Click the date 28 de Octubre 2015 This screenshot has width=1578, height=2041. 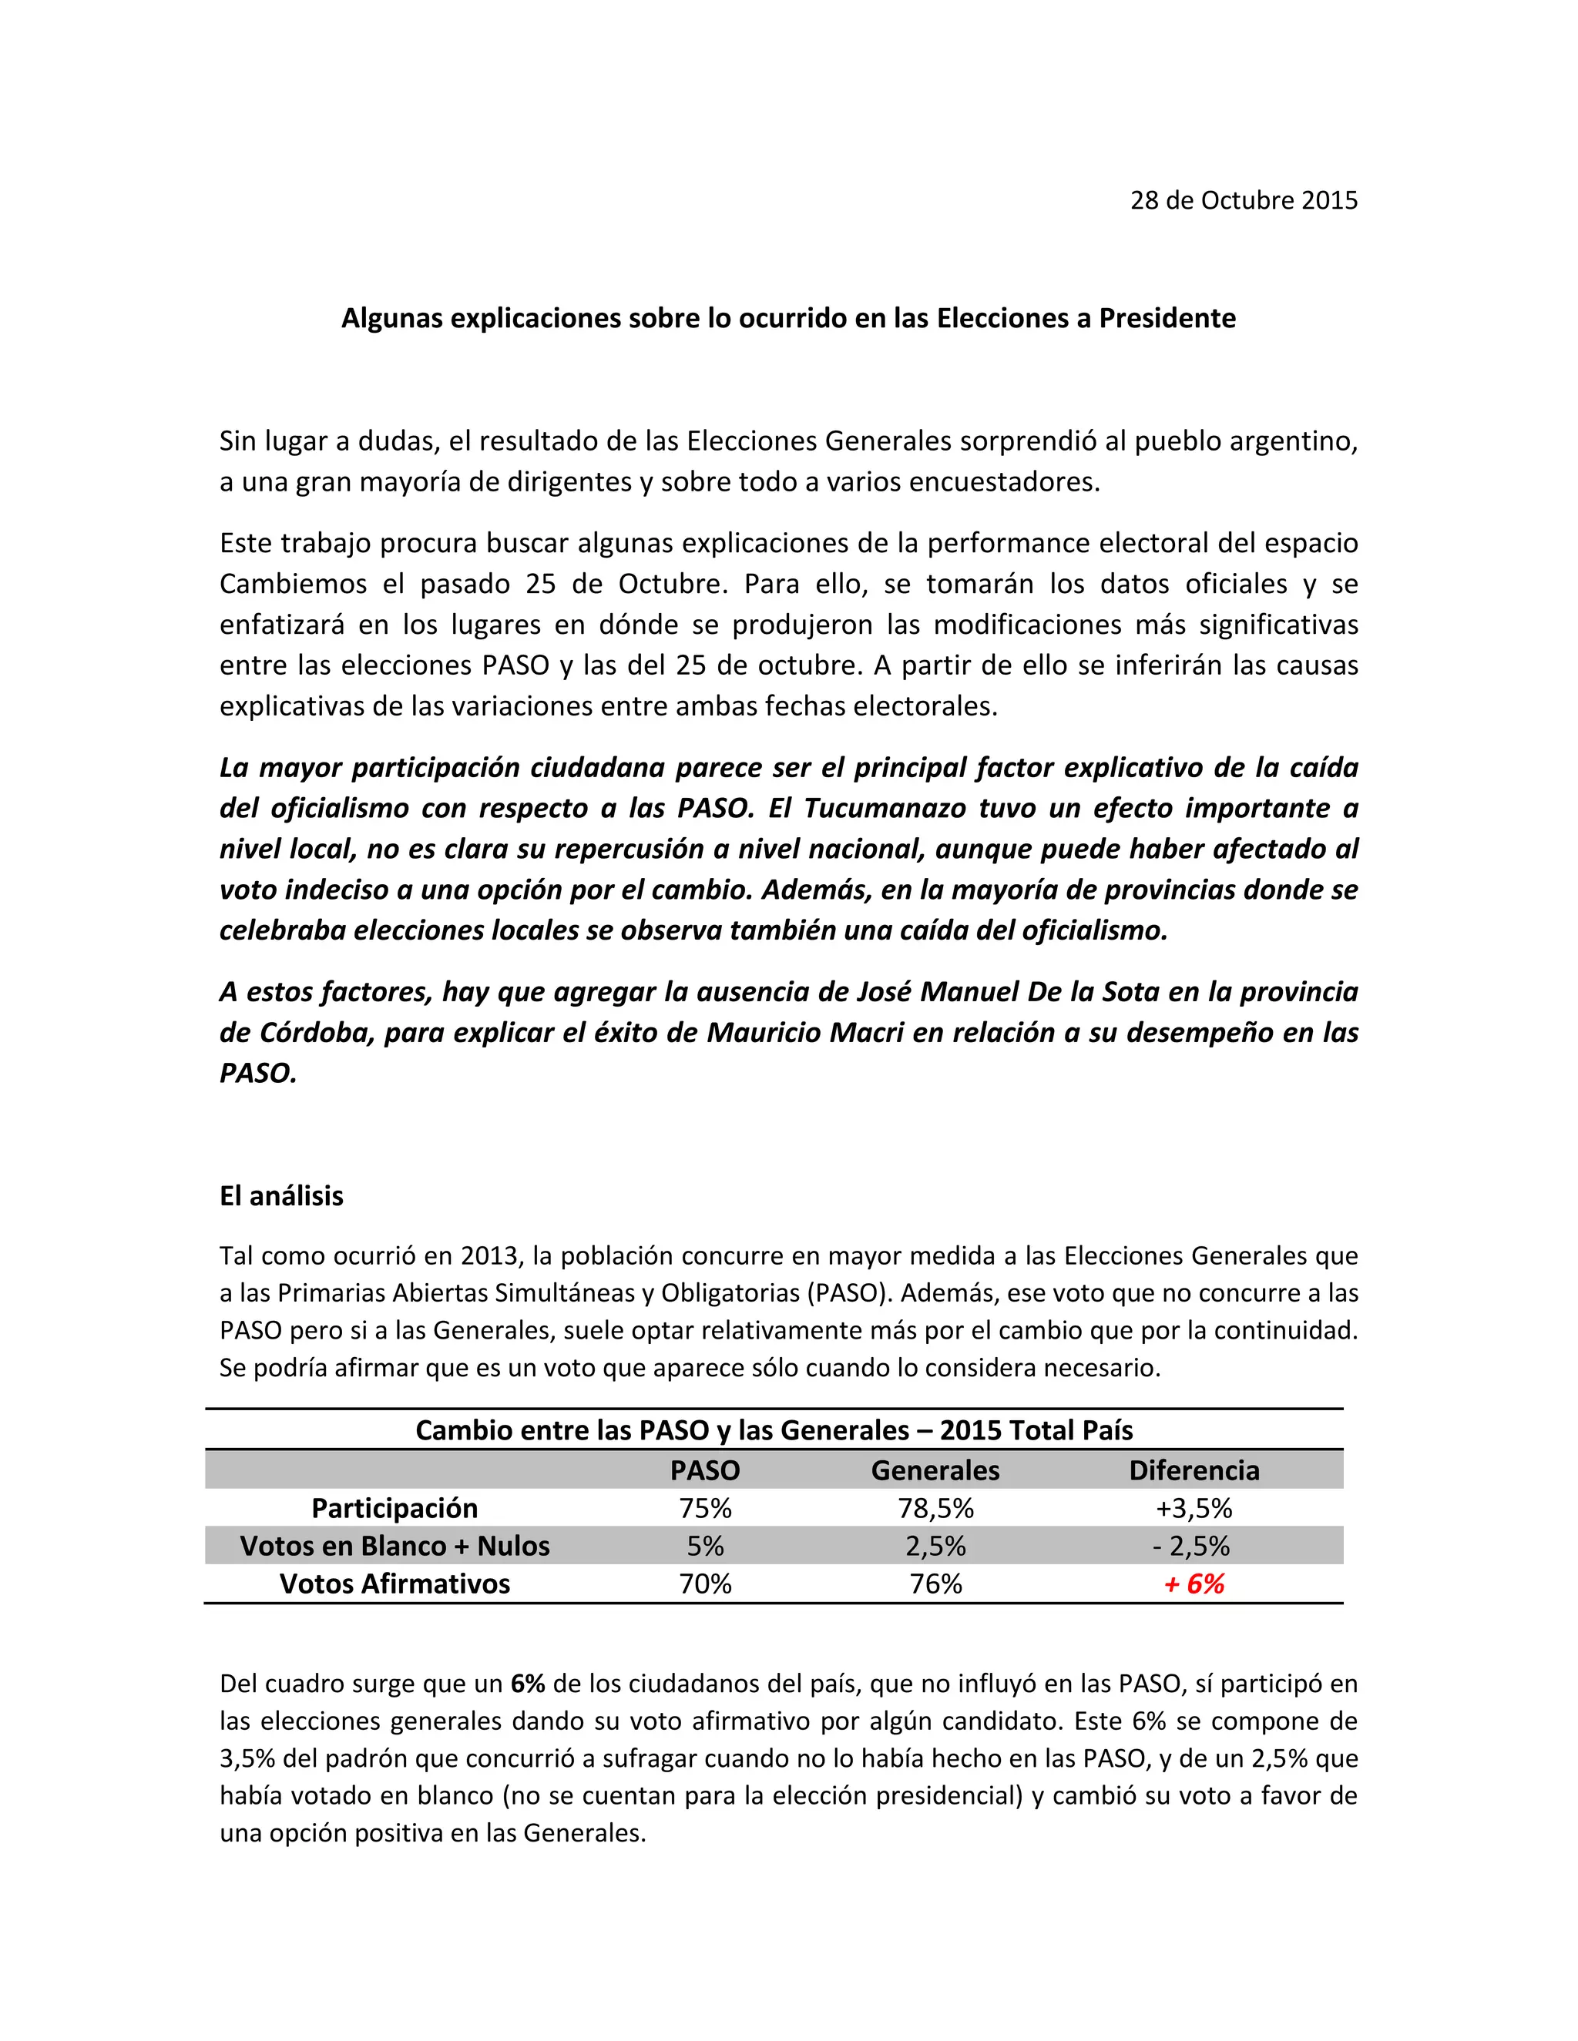pyautogui.click(x=1244, y=201)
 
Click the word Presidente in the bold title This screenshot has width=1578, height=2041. pyautogui.click(x=1167, y=319)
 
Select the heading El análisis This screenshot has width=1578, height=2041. pyautogui.click(x=281, y=1196)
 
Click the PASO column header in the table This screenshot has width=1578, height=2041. pyautogui.click(x=705, y=1470)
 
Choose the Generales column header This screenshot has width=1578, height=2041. pyautogui.click(x=935, y=1470)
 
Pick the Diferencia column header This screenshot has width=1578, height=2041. pyautogui.click(x=1194, y=1470)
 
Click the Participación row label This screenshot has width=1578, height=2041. pyautogui.click(x=394, y=1508)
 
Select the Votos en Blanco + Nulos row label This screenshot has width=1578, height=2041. pyautogui.click(x=394, y=1546)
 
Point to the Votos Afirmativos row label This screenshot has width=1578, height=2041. pyautogui.click(x=394, y=1584)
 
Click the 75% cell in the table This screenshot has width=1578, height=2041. pyautogui.click(x=705, y=1508)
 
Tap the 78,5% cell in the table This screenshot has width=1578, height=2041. pyautogui.click(x=935, y=1508)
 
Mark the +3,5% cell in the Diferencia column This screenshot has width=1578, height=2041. pyautogui.click(x=1194, y=1508)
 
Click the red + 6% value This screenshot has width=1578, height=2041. pyautogui.click(x=1194, y=1584)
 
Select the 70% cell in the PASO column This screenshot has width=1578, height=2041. pyautogui.click(x=705, y=1584)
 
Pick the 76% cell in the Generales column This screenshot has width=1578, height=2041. pyautogui.click(x=935, y=1584)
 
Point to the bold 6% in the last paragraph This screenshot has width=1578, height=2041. pyautogui.click(x=527, y=1684)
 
